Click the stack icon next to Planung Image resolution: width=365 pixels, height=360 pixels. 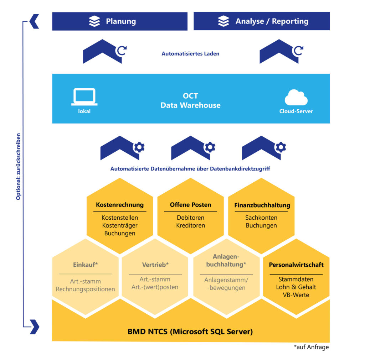point(94,21)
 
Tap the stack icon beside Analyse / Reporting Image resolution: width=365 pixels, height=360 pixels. point(223,21)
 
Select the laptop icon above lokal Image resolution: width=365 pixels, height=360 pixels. point(84,96)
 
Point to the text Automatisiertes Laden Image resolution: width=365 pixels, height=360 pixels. point(190,54)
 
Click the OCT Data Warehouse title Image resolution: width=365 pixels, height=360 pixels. point(190,101)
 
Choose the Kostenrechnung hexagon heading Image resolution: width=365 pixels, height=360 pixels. point(120,205)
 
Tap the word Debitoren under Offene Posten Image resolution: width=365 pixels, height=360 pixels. point(191,218)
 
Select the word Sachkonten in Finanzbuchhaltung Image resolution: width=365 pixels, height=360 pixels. point(261,218)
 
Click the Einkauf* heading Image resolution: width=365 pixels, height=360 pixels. point(85,265)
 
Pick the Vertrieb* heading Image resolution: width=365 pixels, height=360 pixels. point(155,265)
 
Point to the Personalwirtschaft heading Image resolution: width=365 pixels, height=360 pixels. point(296,265)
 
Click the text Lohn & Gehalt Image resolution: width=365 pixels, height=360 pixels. point(296,287)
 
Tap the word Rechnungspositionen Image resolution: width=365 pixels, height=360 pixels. point(86,289)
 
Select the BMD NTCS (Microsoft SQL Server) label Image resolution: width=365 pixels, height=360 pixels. point(190,332)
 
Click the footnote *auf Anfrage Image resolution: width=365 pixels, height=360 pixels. point(311,347)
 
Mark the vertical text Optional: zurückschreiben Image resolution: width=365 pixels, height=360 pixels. point(18,166)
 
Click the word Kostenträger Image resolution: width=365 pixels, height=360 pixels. point(120,225)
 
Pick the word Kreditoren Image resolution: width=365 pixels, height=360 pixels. point(191,225)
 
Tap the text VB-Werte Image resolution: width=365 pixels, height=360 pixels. point(296,295)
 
